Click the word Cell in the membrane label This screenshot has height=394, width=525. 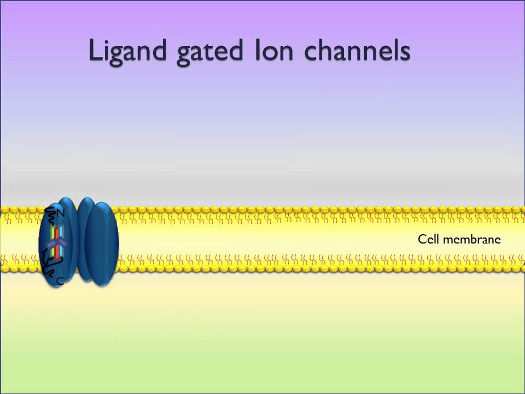pyautogui.click(x=429, y=239)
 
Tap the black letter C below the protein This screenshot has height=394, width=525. pyautogui.click(x=60, y=281)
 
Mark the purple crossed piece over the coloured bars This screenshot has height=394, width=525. pyautogui.click(x=56, y=244)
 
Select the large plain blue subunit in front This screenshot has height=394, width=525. pyautogui.click(x=102, y=244)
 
